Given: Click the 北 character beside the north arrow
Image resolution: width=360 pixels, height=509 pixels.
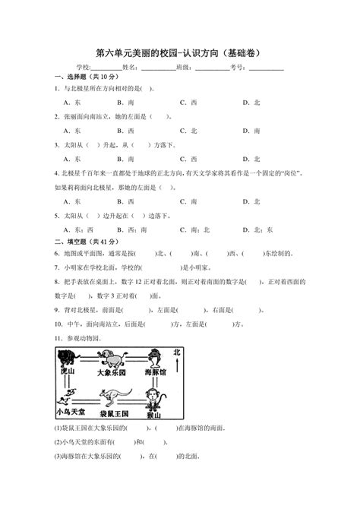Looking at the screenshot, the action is (x=176, y=351).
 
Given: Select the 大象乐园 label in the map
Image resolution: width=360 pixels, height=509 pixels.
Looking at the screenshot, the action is (x=115, y=374).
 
